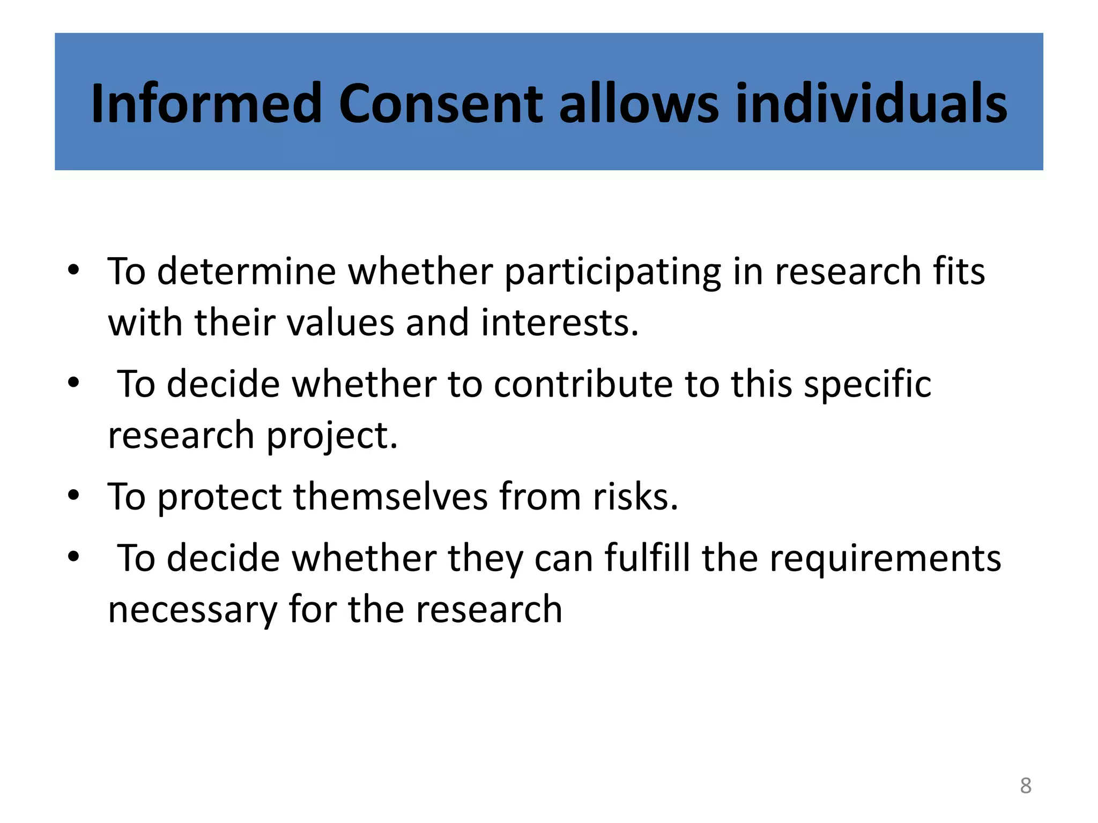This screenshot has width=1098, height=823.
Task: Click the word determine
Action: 246,271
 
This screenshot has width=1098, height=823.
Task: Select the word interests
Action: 560,323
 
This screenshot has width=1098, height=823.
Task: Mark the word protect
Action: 219,497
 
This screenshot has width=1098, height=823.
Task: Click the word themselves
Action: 390,496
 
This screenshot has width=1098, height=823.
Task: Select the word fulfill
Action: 647,558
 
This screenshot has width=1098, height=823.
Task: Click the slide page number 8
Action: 1026,785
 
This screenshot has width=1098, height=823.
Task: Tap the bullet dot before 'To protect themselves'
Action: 73,495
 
